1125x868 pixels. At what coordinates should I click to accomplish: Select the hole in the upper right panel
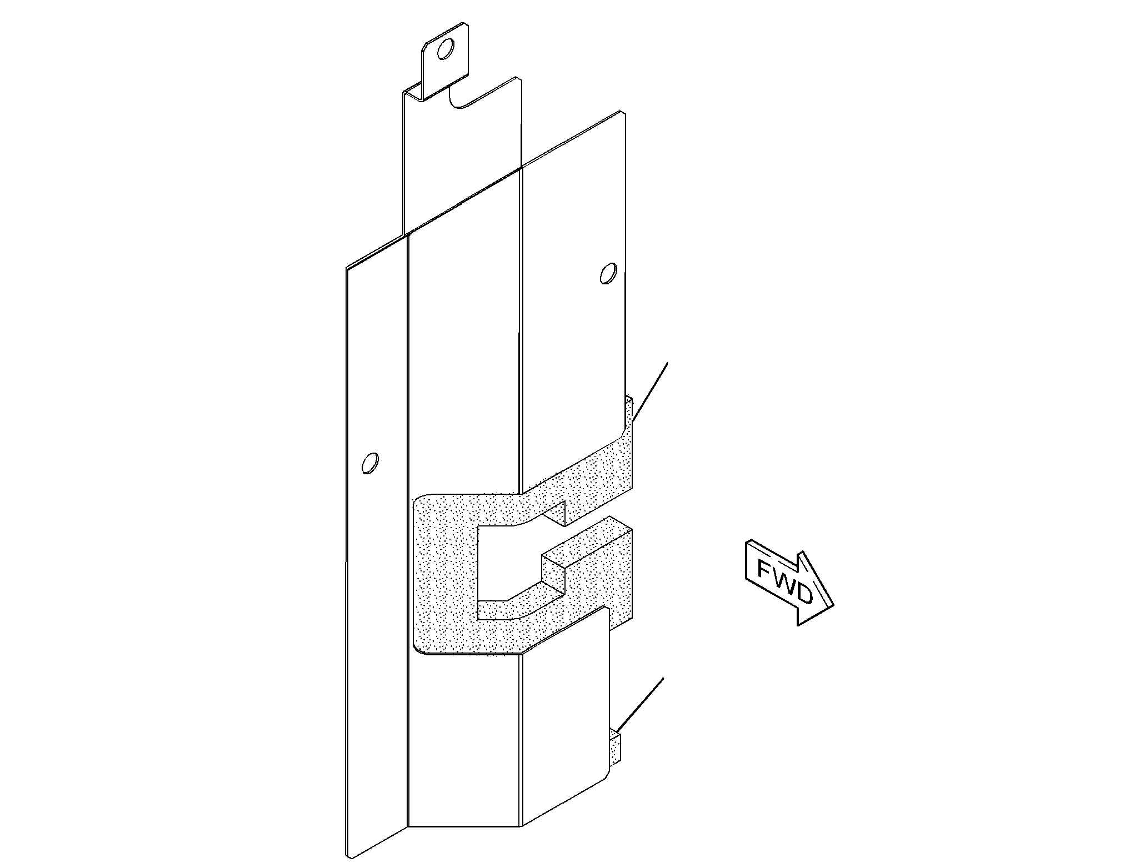point(608,273)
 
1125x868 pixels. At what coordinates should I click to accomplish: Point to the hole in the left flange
point(369,463)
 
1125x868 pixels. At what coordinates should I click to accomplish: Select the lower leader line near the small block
point(639,704)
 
